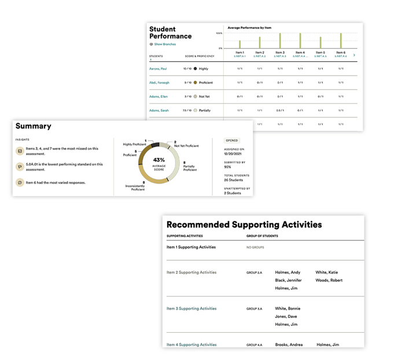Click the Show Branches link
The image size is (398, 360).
coord(164,44)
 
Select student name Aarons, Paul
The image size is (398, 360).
coord(159,68)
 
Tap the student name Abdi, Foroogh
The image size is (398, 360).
coord(159,83)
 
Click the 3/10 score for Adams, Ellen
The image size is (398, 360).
coord(188,97)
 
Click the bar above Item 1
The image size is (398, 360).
coord(239,44)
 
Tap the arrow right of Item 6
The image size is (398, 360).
coord(354,55)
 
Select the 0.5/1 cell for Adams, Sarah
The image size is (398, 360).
coord(280,110)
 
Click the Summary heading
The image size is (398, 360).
coord(34,126)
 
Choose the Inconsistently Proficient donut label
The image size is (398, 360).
coord(138,187)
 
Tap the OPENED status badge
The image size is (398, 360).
coord(231,140)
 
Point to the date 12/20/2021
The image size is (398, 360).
coord(233,153)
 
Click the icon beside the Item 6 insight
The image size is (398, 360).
coord(20,182)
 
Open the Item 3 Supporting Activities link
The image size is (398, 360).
coord(191,308)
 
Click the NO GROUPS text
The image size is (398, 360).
coord(256,248)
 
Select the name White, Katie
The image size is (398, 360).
coord(327,272)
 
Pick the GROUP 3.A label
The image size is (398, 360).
coord(255,308)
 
